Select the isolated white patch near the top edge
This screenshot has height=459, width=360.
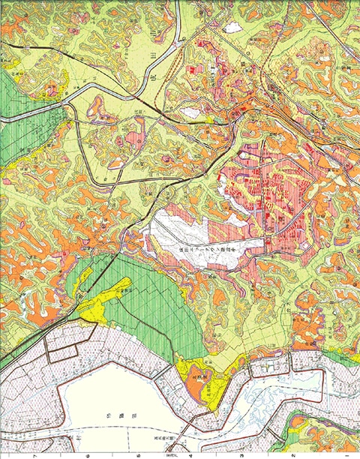coord(234,27)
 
